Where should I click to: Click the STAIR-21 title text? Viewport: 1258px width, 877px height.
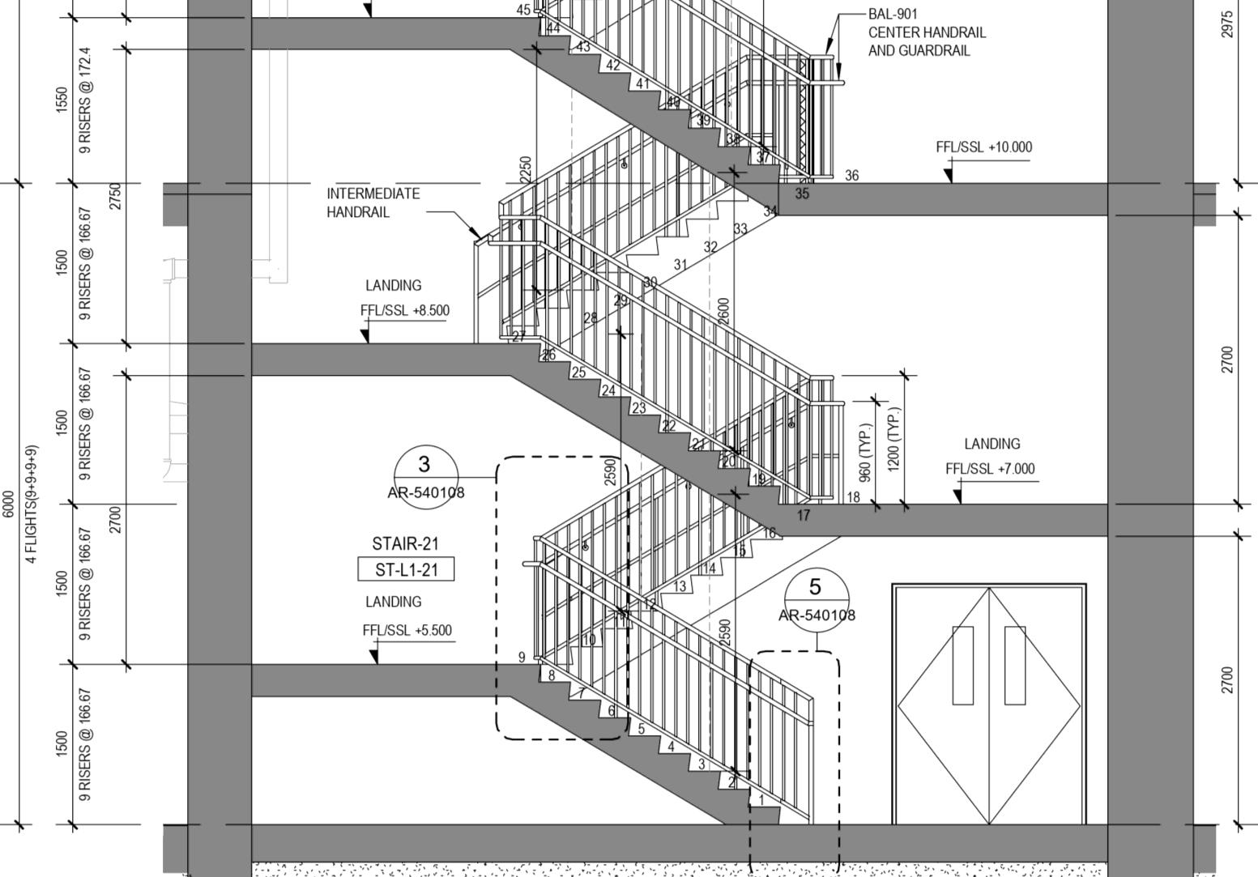(x=405, y=543)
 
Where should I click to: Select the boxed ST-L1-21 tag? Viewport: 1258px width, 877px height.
(x=406, y=570)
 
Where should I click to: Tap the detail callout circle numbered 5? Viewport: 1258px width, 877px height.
(x=816, y=598)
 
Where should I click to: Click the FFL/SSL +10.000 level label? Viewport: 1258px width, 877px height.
(x=983, y=147)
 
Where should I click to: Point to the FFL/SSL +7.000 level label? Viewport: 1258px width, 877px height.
(x=990, y=469)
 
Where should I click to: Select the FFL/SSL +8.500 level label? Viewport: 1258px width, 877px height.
(x=404, y=310)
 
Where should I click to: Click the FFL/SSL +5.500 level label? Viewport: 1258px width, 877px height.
(x=407, y=631)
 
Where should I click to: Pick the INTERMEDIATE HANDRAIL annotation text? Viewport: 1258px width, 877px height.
(x=373, y=202)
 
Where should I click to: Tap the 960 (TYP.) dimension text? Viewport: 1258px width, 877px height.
(x=866, y=452)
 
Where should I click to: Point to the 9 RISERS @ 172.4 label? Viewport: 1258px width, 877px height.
(x=85, y=100)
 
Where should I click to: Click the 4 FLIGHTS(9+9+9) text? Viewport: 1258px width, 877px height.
(x=32, y=503)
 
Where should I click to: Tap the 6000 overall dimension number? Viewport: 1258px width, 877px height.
(x=8, y=503)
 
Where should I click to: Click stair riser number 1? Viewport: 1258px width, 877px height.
(x=761, y=800)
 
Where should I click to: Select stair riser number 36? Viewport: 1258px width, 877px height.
(x=851, y=175)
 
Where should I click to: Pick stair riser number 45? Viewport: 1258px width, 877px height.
(x=523, y=10)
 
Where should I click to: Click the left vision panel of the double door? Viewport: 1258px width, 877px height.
(x=962, y=665)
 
